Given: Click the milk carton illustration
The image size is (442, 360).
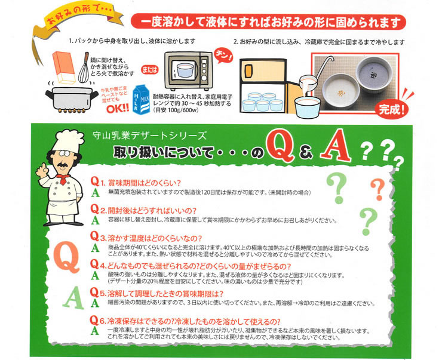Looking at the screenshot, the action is pyautogui.click(x=141, y=100).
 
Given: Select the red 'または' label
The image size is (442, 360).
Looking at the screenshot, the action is pyautogui.click(x=150, y=70).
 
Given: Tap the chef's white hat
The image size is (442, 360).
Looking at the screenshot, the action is pyautogui.click(x=69, y=141).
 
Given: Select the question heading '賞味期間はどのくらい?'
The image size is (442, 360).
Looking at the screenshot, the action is pyautogui.click(x=145, y=183).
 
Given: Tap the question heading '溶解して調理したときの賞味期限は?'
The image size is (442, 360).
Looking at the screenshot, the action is pyautogui.click(x=165, y=294).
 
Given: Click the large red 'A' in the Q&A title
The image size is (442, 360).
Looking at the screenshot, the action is pyautogui.click(x=336, y=145).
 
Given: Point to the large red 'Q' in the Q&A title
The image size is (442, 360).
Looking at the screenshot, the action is pyautogui.click(x=281, y=147).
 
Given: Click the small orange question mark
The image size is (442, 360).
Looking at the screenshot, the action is pyautogui.click(x=378, y=189).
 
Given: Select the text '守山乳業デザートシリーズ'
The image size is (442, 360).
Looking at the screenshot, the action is pyautogui.click(x=149, y=136).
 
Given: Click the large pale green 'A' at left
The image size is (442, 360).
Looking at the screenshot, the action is pyautogui.click(x=73, y=299).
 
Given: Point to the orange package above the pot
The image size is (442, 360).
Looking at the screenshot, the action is pyautogui.click(x=64, y=67).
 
